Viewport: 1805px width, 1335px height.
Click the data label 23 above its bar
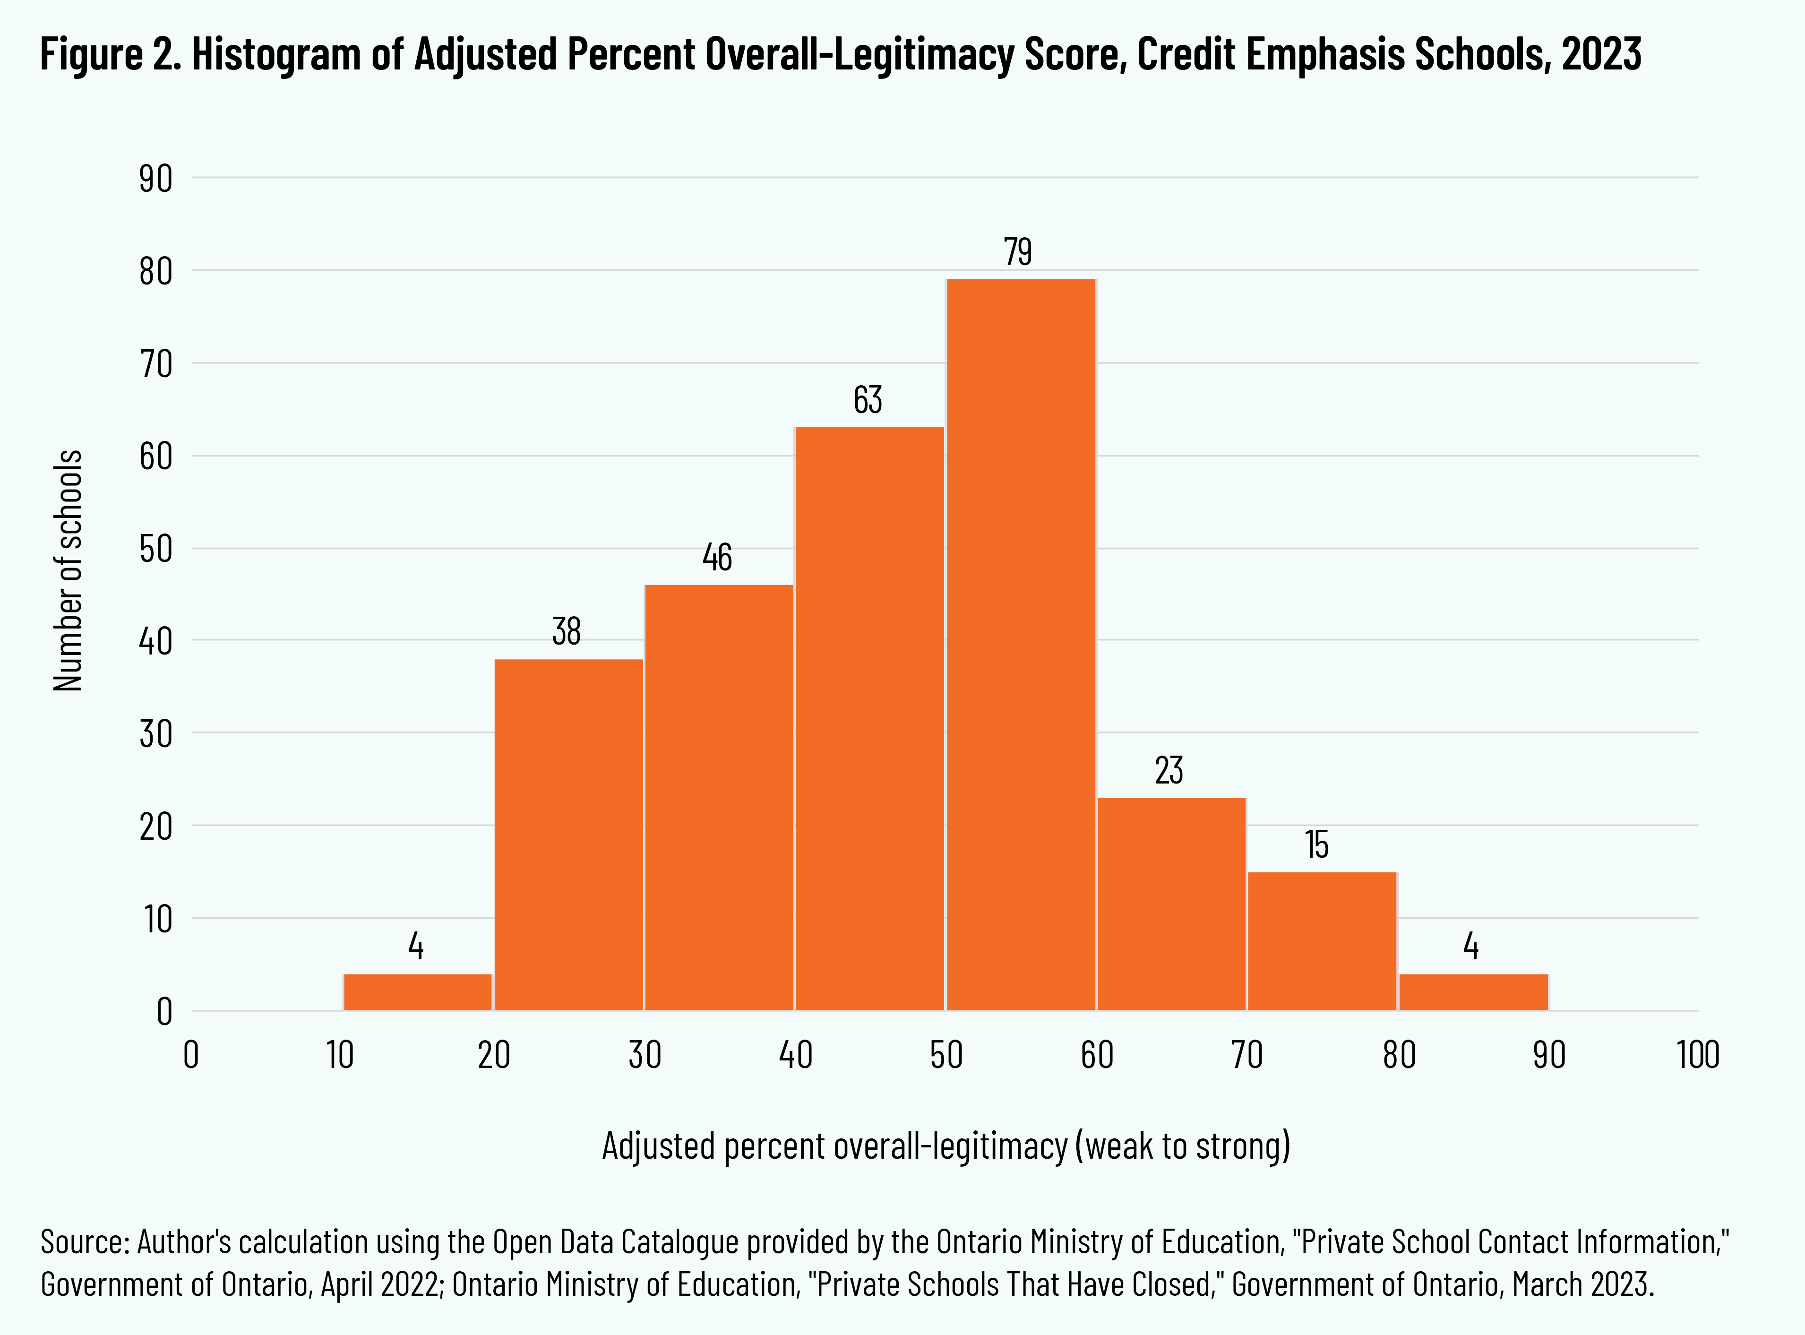[1169, 770]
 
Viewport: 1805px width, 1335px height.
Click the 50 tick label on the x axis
[945, 1055]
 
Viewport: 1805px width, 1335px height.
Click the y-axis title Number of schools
[69, 570]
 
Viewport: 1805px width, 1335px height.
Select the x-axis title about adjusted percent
[946, 1146]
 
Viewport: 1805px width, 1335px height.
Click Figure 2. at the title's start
[111, 55]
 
